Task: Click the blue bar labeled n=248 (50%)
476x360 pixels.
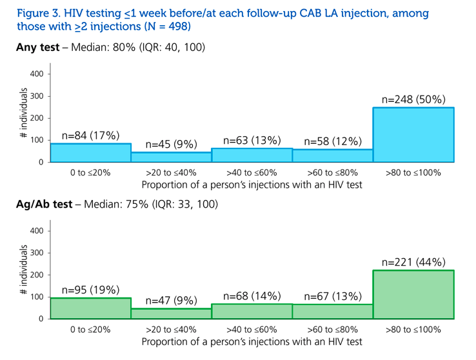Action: click(413, 135)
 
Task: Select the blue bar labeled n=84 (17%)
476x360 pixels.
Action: click(91, 153)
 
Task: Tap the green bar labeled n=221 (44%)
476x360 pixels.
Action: click(413, 294)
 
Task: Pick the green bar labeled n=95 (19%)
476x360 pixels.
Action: click(91, 308)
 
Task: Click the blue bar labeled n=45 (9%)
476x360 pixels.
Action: click(172, 157)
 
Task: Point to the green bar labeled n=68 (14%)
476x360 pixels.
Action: click(252, 312)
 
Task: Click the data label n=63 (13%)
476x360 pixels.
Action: click(252, 141)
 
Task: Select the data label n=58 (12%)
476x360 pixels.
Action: click(333, 141)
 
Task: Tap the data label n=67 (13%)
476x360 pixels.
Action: click(333, 296)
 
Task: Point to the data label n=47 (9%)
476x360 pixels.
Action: click(172, 301)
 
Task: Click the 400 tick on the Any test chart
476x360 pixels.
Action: click(37, 74)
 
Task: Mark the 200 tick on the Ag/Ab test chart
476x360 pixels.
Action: click(37, 275)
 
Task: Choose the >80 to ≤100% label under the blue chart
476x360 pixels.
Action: click(413, 173)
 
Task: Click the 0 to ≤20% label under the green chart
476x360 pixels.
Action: click(90, 330)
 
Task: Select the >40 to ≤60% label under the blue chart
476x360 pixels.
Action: click(252, 173)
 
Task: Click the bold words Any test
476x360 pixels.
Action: click(38, 47)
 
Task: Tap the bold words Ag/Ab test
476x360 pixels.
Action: click(45, 205)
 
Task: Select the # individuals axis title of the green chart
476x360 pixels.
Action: click(23, 270)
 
